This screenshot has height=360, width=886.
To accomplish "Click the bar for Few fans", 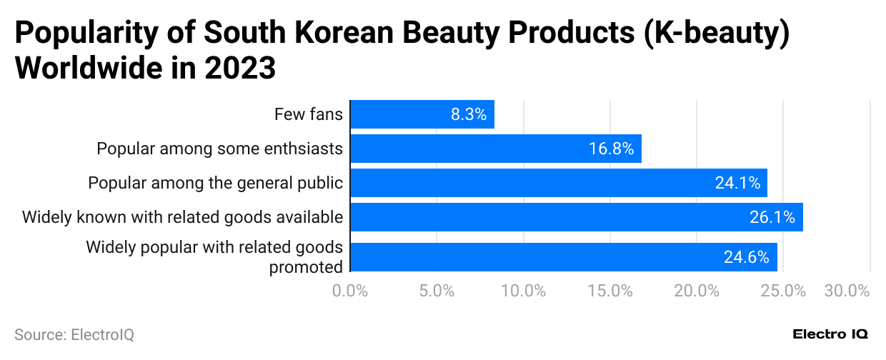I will [422, 114].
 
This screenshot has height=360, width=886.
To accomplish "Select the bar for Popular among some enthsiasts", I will [495, 149].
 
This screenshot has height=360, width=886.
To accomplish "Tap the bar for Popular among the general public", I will [558, 183].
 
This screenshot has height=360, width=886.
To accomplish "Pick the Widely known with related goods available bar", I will [576, 217].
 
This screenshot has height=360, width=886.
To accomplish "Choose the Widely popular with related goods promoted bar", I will [563, 257].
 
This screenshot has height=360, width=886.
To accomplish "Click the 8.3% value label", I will [468, 114].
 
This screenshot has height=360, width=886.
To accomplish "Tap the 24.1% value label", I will [737, 183].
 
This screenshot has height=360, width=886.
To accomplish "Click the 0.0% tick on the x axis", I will [350, 291].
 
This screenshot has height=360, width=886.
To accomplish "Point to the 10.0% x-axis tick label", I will [524, 291].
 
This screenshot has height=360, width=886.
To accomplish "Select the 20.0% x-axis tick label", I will [697, 291].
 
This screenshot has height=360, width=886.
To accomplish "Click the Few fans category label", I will [309, 114].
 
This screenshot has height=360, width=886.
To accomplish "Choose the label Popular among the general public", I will [215, 183].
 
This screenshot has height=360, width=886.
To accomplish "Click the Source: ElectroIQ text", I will [74, 334].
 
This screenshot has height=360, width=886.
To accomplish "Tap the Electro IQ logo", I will [830, 334].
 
